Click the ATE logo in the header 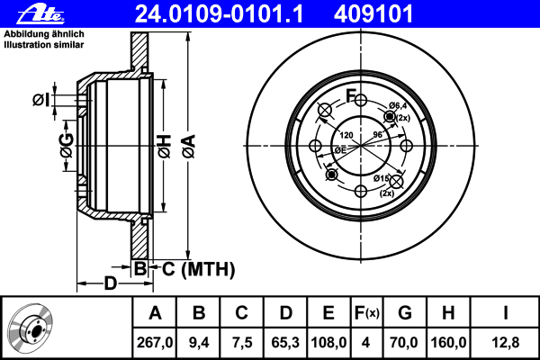tap(40, 14)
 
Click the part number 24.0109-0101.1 tap(219, 14)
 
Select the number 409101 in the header tap(373, 14)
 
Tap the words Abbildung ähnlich tap(44, 34)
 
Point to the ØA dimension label tap(189, 147)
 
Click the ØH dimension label tap(165, 147)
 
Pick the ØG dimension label tap(67, 146)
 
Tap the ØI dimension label tap(41, 100)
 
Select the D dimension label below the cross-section tap(111, 283)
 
